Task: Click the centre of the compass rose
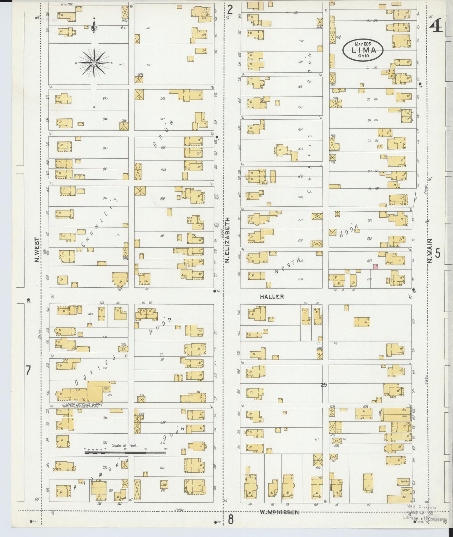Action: coord(94,63)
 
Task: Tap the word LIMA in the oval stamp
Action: coord(363,50)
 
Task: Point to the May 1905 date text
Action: coord(363,44)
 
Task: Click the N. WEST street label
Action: coord(37,250)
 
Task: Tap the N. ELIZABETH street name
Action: coord(228,240)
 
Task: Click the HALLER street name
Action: coord(272,296)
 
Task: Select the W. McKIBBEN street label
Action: coord(279,512)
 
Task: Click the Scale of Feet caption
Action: coord(124,445)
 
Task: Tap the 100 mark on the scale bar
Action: coord(145,449)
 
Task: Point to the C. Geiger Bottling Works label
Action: coord(82,404)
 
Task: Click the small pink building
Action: coord(376,267)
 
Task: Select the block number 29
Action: coord(324,385)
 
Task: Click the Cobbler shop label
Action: coord(405,481)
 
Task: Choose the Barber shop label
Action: coord(405,490)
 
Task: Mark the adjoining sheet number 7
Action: coord(28,371)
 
